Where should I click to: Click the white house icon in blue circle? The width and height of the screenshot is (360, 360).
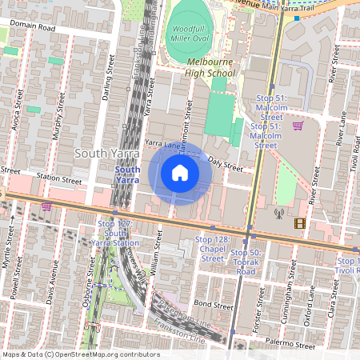(x=180, y=172)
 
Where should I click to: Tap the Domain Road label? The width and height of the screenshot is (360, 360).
(x=34, y=27)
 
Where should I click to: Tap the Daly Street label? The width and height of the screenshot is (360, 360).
(x=225, y=166)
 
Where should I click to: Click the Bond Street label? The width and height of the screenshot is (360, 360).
(x=213, y=305)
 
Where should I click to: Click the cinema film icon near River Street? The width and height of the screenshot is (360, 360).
(x=299, y=223)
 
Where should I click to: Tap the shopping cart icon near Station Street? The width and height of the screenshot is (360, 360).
(x=46, y=206)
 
